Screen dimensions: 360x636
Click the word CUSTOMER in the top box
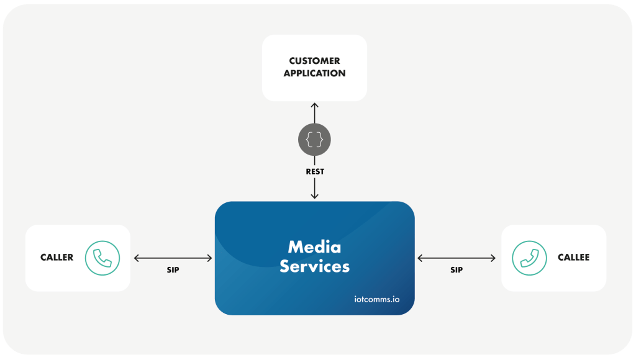pos(314,61)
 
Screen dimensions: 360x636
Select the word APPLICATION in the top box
pos(314,73)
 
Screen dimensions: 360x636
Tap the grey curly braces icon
pos(314,140)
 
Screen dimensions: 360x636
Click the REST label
pos(314,171)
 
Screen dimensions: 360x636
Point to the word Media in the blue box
pos(314,247)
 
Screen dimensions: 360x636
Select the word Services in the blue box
pos(314,267)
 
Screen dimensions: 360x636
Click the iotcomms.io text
pos(373,299)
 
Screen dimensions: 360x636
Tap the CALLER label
pos(57,258)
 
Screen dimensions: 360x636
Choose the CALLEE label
pos(573,258)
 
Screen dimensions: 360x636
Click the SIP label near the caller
pos(173,271)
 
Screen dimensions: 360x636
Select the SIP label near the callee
pos(457,271)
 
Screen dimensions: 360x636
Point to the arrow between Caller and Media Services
pos(173,258)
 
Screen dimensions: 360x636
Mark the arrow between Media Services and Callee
pos(457,258)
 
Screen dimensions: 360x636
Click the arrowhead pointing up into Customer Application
pos(314,105)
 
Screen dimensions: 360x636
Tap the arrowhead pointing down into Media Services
pos(314,196)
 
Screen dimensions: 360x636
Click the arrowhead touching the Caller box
pos(137,258)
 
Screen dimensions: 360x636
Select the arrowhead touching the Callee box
pos(493,258)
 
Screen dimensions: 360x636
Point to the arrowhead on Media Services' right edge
pos(420,258)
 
